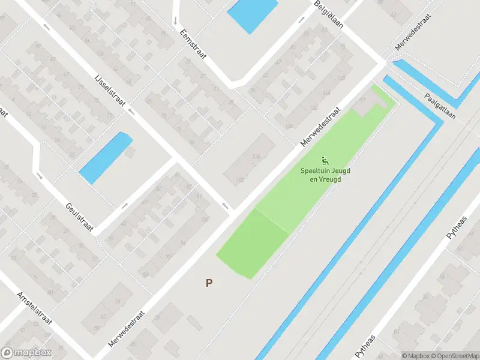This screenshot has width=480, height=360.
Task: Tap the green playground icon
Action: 325,160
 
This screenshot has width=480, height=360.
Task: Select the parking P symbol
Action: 209,283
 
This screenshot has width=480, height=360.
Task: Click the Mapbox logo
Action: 26,353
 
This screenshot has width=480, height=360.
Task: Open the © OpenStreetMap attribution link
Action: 454,356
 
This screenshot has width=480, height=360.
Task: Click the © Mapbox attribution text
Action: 415,356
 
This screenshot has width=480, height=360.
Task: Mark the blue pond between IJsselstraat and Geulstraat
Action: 106,157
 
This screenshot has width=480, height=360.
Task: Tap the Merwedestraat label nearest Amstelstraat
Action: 127,328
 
